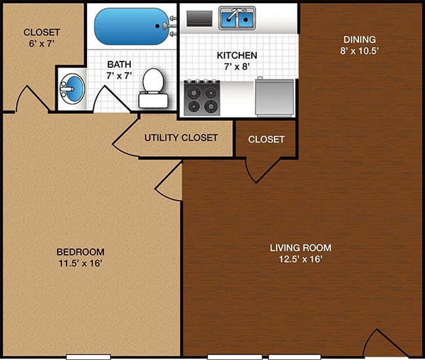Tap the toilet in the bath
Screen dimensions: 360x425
click(152, 89)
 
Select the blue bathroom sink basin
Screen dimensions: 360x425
click(73, 87)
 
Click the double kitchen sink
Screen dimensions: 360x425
click(237, 19)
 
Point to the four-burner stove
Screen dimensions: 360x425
click(203, 97)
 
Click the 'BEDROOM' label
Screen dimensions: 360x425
click(80, 252)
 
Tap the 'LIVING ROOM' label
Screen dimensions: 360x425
click(301, 248)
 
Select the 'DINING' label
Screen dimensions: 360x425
click(358, 39)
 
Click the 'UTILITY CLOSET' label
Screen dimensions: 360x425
click(180, 138)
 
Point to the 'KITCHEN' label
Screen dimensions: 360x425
click(237, 55)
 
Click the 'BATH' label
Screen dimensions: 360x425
click(120, 64)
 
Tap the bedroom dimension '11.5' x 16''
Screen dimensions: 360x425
click(80, 263)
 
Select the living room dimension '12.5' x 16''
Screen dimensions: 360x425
click(301, 259)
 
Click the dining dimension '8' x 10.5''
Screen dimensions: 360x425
click(358, 51)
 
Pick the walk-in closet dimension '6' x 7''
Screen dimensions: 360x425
click(41, 44)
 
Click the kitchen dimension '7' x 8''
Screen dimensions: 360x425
click(237, 67)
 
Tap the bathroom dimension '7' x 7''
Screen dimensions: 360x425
click(120, 76)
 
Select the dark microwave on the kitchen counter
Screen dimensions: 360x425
click(199, 19)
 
